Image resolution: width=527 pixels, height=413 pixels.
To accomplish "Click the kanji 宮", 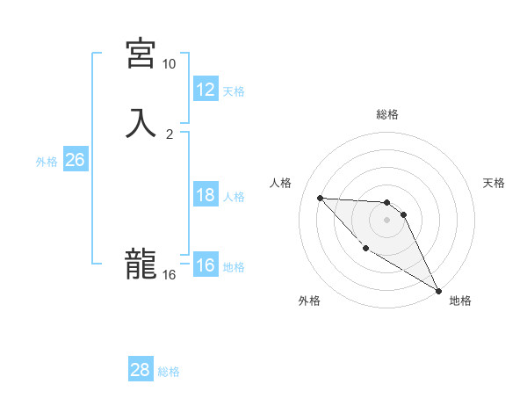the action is click(x=141, y=54).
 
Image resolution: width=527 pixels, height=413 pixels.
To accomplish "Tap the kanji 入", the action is click(x=141, y=123).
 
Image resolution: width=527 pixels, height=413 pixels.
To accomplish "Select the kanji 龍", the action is click(x=141, y=264).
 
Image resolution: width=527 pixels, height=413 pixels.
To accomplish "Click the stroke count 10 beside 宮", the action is click(x=169, y=64).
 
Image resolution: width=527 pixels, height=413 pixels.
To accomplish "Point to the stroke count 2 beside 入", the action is click(x=170, y=134).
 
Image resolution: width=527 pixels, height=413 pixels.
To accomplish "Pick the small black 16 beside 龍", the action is click(x=169, y=275).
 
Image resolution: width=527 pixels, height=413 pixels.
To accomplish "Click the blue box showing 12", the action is click(x=206, y=89).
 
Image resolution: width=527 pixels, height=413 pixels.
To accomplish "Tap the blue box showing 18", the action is click(x=206, y=195).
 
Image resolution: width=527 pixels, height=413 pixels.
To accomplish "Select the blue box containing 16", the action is click(x=206, y=265).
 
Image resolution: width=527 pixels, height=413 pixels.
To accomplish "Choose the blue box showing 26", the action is click(x=75, y=160).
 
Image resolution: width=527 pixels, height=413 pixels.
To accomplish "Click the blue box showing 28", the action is click(x=141, y=370).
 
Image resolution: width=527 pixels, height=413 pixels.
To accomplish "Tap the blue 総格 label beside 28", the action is click(x=169, y=372).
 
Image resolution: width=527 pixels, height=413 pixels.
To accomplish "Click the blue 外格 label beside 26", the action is click(x=47, y=162).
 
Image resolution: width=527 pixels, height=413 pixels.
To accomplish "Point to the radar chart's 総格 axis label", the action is click(x=387, y=114).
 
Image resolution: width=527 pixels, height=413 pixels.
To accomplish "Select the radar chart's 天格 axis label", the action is click(x=494, y=183).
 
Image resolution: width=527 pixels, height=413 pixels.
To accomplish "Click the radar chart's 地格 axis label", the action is click(x=460, y=301).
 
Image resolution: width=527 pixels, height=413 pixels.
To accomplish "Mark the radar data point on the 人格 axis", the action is click(x=320, y=198).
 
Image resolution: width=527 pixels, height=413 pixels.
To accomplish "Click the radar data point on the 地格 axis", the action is click(x=439, y=291).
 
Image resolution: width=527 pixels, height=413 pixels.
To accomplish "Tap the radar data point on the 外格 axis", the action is click(x=365, y=248).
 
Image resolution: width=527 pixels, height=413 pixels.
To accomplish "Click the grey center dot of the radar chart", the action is click(x=387, y=220).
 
